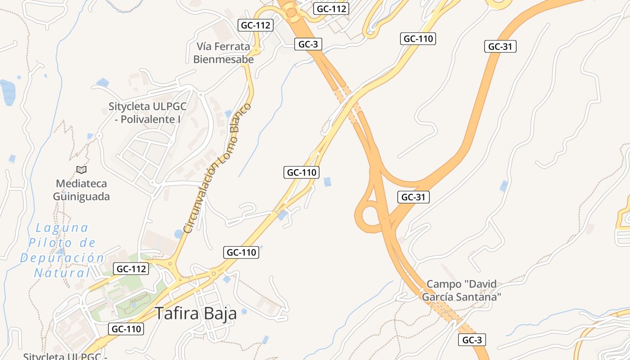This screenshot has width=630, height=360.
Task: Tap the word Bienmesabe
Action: (223, 59)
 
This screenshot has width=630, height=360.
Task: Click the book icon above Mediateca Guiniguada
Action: (81, 170)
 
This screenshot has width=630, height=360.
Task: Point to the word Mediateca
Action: (81, 184)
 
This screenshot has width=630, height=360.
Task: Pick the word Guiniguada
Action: (81, 197)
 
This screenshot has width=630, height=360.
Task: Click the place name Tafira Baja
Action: (196, 314)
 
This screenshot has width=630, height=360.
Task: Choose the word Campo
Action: (444, 284)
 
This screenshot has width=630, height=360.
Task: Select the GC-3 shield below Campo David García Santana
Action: (472, 340)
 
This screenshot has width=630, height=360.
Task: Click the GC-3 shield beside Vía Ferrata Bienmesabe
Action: (308, 44)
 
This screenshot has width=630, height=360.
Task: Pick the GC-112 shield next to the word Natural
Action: (130, 269)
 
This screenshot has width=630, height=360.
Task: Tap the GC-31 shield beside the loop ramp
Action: (414, 197)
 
